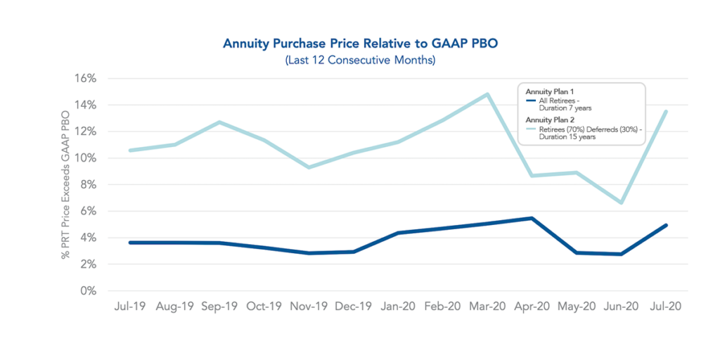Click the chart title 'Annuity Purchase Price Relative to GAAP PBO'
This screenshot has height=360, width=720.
pos(360,44)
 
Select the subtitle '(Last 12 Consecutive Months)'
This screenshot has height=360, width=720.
pos(360,60)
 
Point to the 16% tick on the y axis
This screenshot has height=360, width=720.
pos(85,78)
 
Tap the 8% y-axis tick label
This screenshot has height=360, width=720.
pos(88,184)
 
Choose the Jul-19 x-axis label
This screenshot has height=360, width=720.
pos(130,307)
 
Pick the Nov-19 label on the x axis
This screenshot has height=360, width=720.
pos(309,307)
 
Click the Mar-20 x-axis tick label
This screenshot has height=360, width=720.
pos(487,307)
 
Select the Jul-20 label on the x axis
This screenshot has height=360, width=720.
pos(665,307)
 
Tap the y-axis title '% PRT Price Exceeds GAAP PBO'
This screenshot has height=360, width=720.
pos(66,184)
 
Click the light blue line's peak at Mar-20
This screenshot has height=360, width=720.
pos(487,94)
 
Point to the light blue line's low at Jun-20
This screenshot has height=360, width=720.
pos(621,202)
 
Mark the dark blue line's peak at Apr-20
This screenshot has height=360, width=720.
pos(532,218)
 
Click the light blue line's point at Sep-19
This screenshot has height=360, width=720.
pos(220,122)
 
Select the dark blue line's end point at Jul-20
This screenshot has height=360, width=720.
pos(665,226)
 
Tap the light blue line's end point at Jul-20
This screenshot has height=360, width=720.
pos(665,112)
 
